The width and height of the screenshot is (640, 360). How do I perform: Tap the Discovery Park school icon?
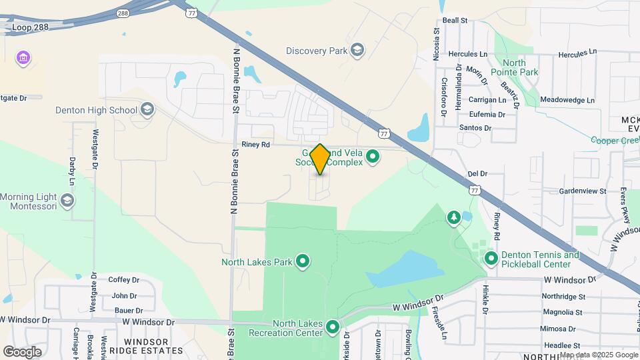tap(358, 51)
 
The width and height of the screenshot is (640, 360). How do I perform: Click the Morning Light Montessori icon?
tap(67, 201)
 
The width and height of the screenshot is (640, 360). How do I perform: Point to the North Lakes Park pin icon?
tap(303, 261)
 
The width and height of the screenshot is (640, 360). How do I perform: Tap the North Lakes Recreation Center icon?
tap(332, 327)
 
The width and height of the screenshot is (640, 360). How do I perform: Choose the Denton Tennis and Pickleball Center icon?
tap(491, 258)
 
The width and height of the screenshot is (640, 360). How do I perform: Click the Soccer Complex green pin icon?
tap(373, 157)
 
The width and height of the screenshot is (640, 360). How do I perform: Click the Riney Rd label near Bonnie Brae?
tap(255, 144)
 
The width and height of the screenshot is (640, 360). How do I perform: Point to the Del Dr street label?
tap(478, 173)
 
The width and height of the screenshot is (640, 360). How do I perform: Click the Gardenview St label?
tap(583, 191)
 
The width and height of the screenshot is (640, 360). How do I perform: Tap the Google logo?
tap(23, 351)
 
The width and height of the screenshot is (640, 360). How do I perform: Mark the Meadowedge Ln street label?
tap(567, 100)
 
